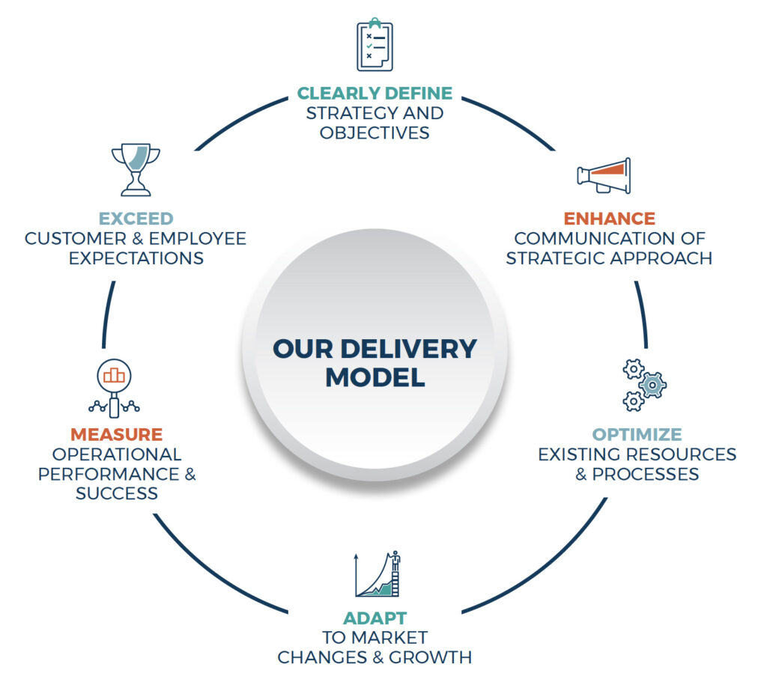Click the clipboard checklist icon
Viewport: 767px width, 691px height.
(375, 46)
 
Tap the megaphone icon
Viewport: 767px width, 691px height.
(604, 176)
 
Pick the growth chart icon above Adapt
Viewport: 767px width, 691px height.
(379, 575)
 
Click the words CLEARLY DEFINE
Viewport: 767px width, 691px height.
(375, 94)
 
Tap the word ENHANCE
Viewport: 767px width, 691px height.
(609, 219)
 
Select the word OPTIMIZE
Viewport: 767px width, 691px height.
(637, 434)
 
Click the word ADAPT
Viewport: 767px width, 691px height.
(375, 618)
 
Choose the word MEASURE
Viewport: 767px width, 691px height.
(116, 434)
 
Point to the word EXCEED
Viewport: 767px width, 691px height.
(136, 219)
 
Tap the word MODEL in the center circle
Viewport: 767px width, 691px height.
(375, 377)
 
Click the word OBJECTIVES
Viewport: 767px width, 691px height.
(375, 133)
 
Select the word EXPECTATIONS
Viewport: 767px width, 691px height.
(136, 258)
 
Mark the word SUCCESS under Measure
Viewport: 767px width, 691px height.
(116, 493)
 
